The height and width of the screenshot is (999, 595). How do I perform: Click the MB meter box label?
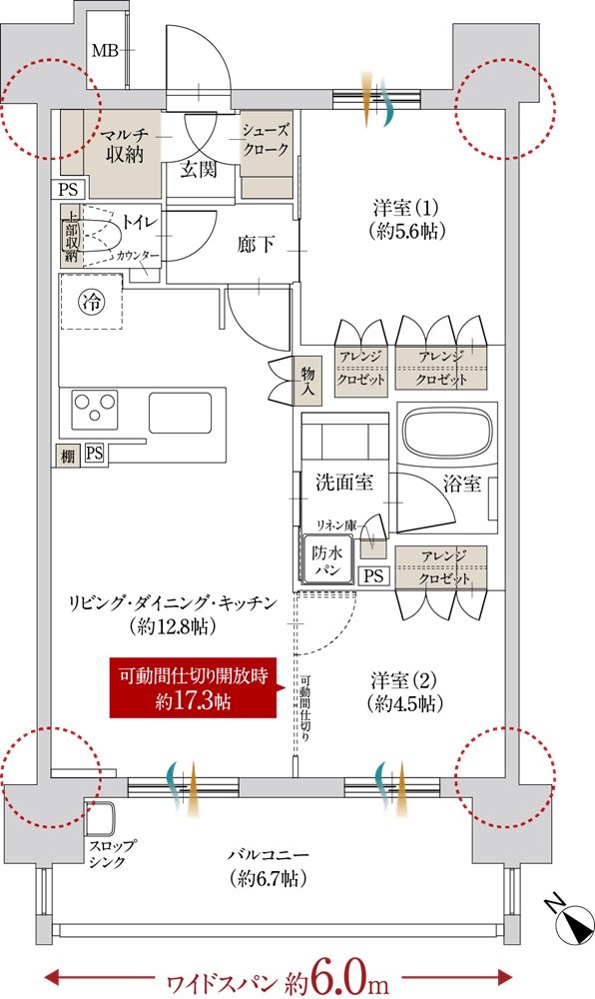click(x=105, y=50)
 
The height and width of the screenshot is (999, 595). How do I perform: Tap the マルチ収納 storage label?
click(x=124, y=145)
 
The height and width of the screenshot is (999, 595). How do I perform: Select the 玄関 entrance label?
click(x=198, y=170)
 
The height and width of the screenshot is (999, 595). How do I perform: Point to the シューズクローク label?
click(x=266, y=140)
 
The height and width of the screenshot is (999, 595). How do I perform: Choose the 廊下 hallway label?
click(x=256, y=244)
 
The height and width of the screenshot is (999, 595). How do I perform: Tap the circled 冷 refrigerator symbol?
click(x=92, y=303)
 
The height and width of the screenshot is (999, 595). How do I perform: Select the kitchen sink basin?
click(x=180, y=413)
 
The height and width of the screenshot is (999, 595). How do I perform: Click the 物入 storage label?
click(x=308, y=381)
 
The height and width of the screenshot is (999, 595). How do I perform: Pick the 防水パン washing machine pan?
click(x=327, y=560)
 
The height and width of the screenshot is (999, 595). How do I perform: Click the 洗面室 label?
click(x=343, y=483)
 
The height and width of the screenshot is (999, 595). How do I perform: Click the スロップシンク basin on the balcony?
click(x=101, y=820)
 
